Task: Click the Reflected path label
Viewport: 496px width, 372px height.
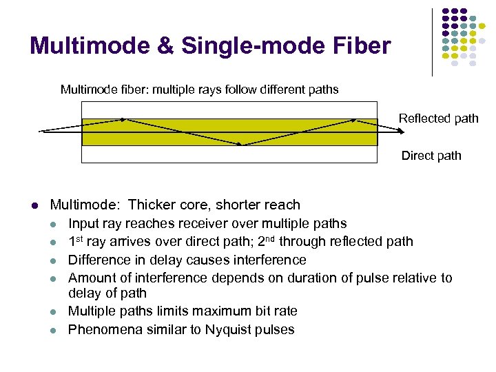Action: click(438, 118)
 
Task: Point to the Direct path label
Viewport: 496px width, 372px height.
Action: click(431, 156)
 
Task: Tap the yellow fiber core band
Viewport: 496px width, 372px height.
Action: click(172, 132)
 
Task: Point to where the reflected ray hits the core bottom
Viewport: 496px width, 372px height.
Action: click(243, 145)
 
